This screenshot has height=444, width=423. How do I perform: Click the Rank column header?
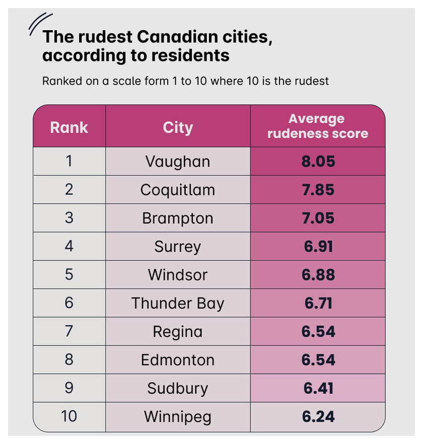[69, 127]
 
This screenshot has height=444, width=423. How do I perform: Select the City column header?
[178, 128]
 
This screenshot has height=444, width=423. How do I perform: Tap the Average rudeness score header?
[318, 126]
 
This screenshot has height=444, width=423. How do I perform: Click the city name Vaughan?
[178, 162]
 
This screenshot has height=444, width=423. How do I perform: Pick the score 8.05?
[318, 162]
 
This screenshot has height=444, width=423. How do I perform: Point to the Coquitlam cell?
[178, 190]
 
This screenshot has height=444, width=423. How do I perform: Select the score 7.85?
[318, 190]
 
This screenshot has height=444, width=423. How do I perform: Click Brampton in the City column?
[178, 218]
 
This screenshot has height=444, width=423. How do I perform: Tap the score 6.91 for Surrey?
[318, 246]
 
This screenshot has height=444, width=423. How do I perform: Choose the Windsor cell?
[178, 275]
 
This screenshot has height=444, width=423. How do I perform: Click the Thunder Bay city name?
[178, 303]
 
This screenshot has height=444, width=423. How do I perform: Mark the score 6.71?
[318, 303]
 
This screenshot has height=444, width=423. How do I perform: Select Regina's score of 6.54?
[318, 332]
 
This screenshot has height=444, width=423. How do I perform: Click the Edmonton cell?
[178, 360]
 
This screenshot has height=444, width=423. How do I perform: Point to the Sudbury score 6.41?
[318, 388]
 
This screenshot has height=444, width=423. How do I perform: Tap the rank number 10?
[69, 416]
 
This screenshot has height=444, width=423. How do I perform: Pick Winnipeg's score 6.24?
[318, 416]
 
